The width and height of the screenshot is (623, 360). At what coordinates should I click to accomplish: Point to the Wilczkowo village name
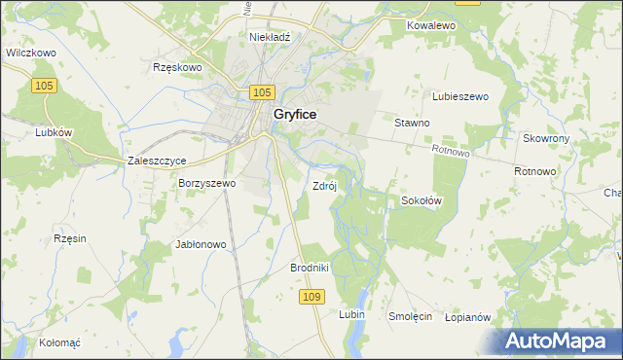pos(29,53)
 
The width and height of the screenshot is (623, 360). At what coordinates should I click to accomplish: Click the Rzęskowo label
pos(177,67)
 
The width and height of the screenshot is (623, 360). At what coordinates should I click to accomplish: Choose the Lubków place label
pos(26,132)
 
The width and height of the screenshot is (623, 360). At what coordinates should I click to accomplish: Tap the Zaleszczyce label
pos(157,161)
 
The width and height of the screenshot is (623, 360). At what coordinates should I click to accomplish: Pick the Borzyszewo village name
pos(206,182)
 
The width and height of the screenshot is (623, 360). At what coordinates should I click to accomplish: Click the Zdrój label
pos(324,185)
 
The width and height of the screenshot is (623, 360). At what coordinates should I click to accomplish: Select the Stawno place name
pos(412,123)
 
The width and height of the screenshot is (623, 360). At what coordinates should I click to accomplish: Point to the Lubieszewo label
pos(459,96)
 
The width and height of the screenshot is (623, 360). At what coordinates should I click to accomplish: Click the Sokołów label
pos(422,200)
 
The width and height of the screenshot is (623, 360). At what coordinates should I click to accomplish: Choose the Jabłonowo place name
pos(201,244)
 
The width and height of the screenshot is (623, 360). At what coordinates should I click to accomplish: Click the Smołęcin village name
pos(411,316)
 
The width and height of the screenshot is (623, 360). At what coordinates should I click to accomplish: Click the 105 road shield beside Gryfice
pos(260,91)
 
